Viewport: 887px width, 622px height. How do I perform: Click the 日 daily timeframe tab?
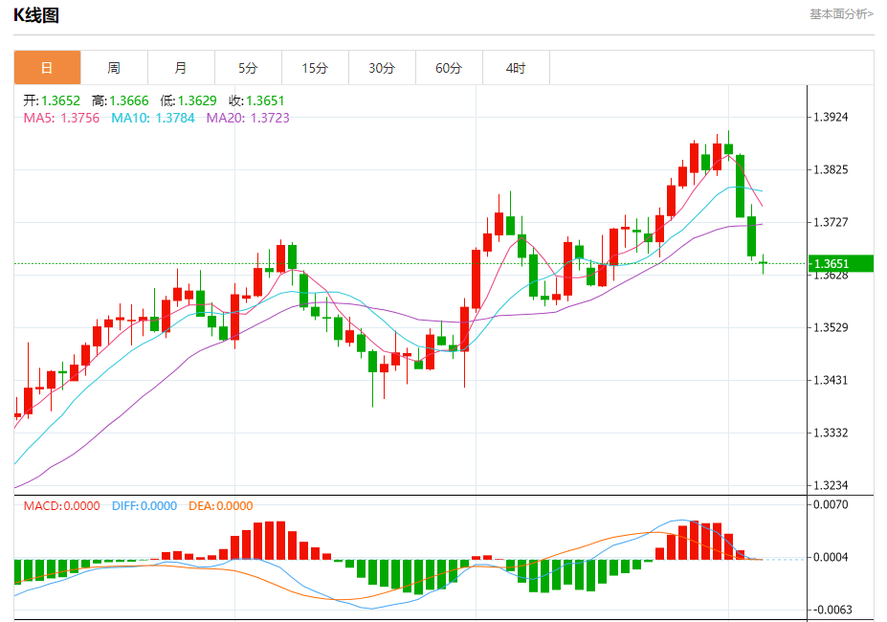pyautogui.click(x=47, y=68)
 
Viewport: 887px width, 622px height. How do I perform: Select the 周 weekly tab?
pyautogui.click(x=114, y=68)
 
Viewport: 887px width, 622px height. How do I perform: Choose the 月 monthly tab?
pyautogui.click(x=181, y=68)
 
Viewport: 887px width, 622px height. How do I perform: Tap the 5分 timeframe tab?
pyautogui.click(x=248, y=68)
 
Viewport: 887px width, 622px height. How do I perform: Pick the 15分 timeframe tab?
pyautogui.click(x=315, y=68)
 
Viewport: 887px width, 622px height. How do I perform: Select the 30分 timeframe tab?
pyautogui.click(x=382, y=68)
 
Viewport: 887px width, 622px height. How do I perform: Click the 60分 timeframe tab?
pyautogui.click(x=449, y=68)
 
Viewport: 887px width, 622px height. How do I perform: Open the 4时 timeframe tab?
pyautogui.click(x=516, y=68)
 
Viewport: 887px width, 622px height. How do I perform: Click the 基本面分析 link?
pyautogui.click(x=841, y=13)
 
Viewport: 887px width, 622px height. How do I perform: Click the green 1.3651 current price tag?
pyautogui.click(x=842, y=263)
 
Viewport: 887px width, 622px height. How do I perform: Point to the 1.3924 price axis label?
pyautogui.click(x=831, y=118)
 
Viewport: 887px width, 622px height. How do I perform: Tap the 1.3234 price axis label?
pyautogui.click(x=831, y=485)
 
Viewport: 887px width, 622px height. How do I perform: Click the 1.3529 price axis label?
pyautogui.click(x=831, y=327)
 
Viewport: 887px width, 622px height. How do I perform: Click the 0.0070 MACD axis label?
pyautogui.click(x=831, y=503)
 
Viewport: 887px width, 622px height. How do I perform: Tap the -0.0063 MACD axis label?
pyautogui.click(x=829, y=610)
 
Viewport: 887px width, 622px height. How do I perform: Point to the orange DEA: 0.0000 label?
pyautogui.click(x=220, y=506)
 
